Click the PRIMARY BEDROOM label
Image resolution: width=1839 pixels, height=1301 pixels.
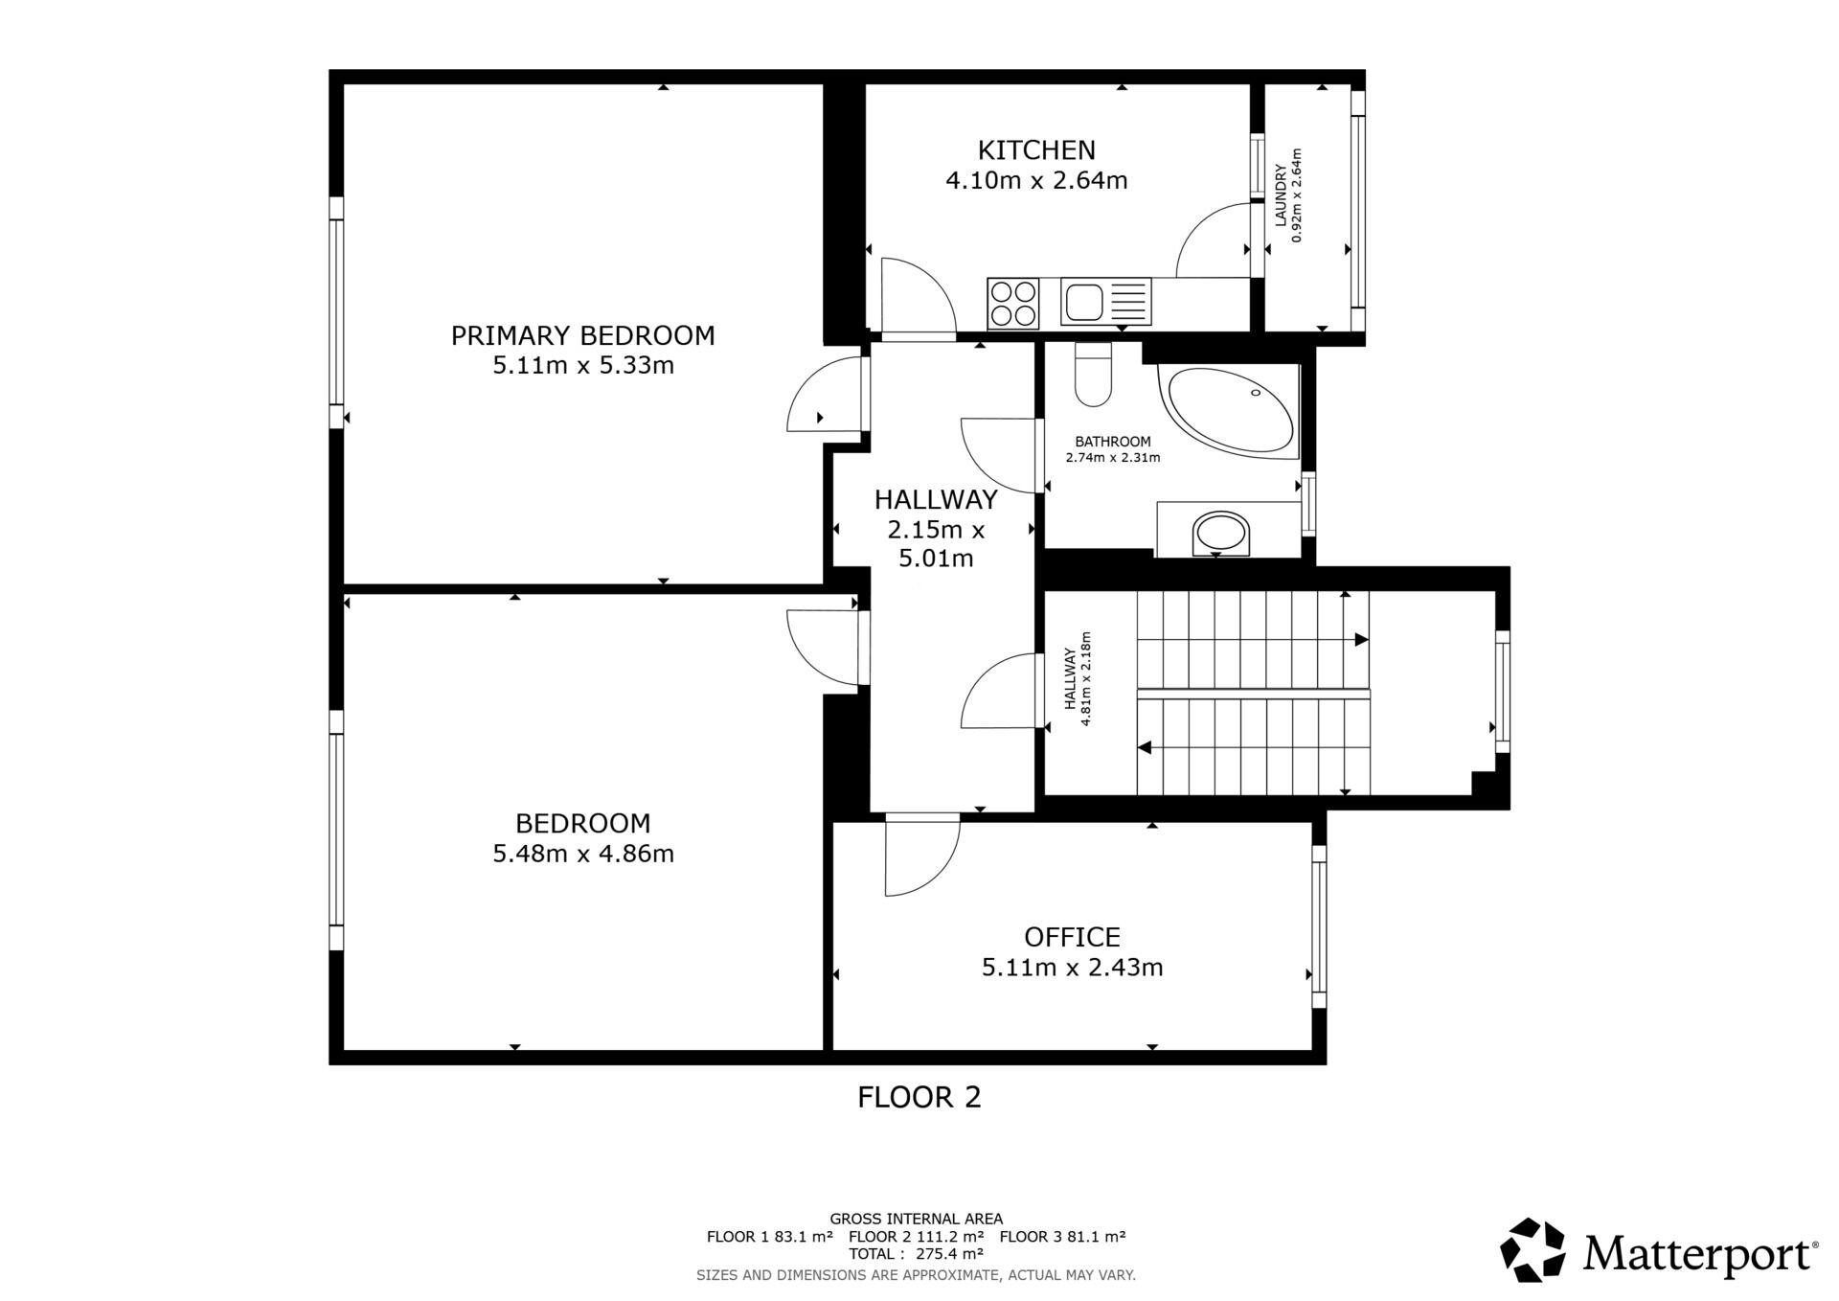(x=582, y=336)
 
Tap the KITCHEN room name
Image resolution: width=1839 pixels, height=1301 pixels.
(x=1036, y=150)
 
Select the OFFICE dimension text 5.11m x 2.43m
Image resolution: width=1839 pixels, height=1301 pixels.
(x=1072, y=968)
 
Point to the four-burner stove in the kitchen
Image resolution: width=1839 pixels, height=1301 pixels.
(x=1013, y=303)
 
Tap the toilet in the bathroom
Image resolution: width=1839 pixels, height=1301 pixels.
(x=1093, y=375)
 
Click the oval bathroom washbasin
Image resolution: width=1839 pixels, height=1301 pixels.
(x=1221, y=534)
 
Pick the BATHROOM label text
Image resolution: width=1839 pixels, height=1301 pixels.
(x=1113, y=442)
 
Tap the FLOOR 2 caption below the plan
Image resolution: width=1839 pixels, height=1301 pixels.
(x=919, y=1097)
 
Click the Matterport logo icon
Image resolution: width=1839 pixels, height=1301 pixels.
(x=1532, y=1250)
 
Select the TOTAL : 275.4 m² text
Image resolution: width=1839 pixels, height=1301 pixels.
(x=916, y=1254)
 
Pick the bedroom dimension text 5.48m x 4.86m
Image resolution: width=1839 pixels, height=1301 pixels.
(x=583, y=854)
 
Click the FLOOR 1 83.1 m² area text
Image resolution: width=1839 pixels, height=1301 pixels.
(x=770, y=1237)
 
